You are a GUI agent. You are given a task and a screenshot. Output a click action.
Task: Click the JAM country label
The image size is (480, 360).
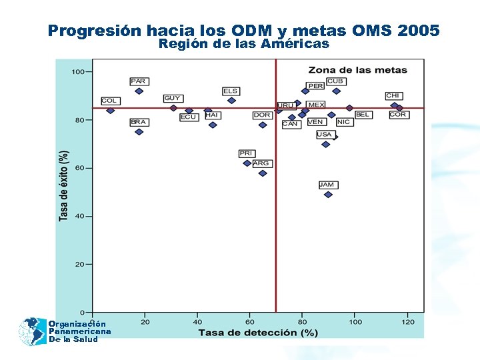pos(327,185)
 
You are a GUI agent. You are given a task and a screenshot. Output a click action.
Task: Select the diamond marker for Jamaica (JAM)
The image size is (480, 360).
pos(328,195)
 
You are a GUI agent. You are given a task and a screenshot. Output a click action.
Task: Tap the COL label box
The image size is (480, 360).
pos(110,101)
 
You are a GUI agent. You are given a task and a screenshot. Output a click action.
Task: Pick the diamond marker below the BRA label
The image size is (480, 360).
pos(139,132)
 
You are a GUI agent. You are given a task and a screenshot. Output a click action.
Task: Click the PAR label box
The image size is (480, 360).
pos(139,81)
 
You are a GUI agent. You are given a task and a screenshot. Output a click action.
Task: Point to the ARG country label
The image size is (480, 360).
pos(261,163)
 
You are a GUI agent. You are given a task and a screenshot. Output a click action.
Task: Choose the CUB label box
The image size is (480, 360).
pos(335,81)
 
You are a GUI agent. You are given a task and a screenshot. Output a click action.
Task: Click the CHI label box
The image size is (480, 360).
pos(393,96)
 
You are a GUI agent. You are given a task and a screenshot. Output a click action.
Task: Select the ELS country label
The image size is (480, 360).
pos(230,91)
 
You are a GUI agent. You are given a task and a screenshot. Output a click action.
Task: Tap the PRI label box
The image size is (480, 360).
pos(247,154)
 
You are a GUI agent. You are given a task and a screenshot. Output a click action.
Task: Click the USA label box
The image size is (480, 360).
pos(324,135)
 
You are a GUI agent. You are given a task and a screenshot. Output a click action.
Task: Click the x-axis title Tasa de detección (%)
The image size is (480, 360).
pos(257,332)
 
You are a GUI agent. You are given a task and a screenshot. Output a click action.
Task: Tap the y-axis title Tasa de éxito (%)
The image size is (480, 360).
pos(64,185)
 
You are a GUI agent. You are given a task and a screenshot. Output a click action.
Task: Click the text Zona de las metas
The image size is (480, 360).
pos(357,70)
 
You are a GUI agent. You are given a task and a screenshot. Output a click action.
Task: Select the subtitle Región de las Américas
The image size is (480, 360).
pos(243,44)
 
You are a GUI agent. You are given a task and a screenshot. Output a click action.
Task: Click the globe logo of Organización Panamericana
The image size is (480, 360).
pos(31,331)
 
